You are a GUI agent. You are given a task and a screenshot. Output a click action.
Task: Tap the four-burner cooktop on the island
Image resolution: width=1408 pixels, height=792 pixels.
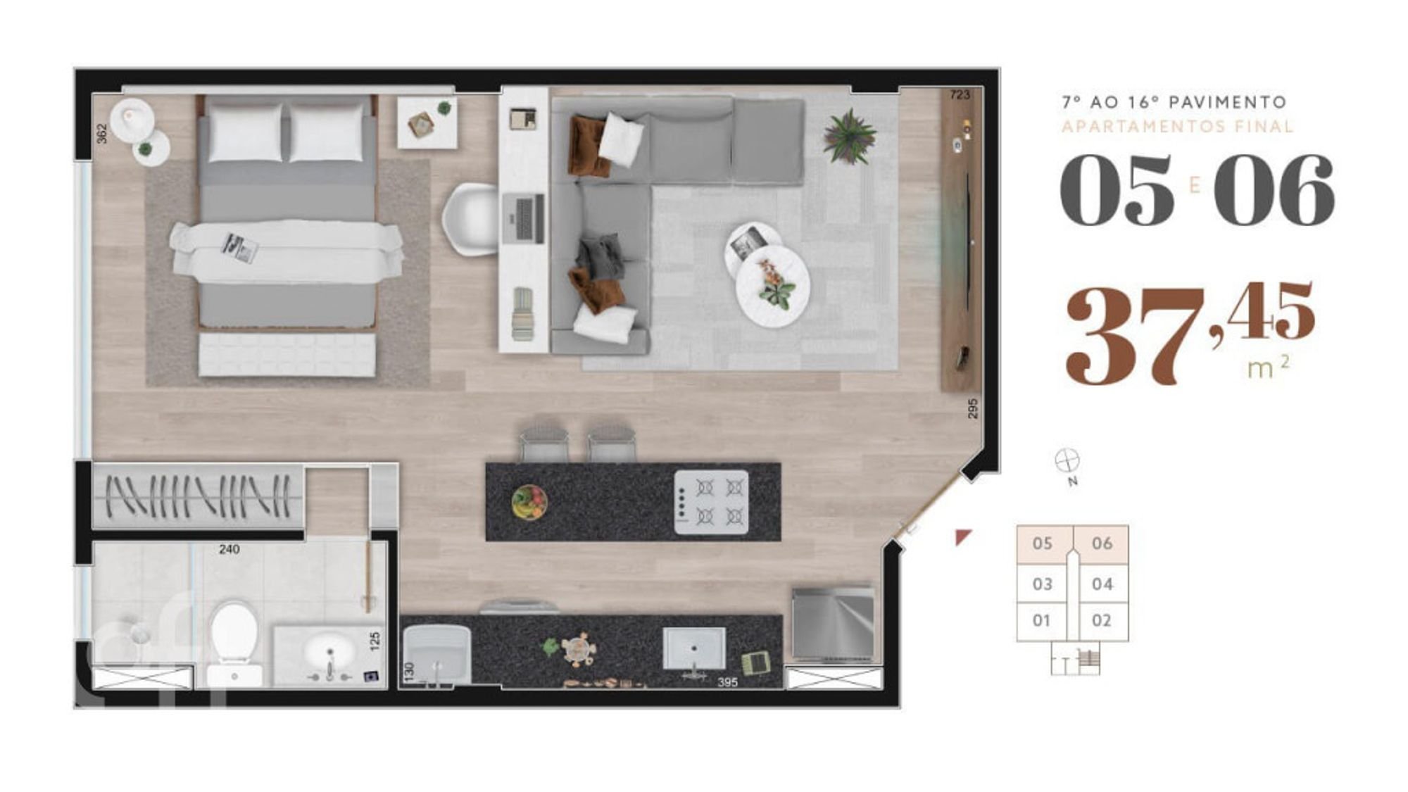711,502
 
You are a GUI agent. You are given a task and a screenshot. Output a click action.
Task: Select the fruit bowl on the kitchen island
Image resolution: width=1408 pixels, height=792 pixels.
529,502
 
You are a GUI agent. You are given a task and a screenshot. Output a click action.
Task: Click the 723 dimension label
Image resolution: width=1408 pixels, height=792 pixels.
960,94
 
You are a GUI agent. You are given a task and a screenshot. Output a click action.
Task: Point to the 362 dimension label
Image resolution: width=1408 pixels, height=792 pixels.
102,134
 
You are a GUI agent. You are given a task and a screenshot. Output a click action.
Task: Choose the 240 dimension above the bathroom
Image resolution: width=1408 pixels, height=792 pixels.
229,549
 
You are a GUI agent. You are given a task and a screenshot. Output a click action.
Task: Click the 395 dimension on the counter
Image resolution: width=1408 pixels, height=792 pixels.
727,682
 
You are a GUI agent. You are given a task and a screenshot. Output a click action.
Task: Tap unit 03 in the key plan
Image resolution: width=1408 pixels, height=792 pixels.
1042,584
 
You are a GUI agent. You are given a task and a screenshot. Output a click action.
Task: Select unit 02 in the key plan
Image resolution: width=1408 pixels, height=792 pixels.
1101,620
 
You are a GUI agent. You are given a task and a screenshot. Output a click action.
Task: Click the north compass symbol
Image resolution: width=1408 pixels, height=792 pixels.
1067,461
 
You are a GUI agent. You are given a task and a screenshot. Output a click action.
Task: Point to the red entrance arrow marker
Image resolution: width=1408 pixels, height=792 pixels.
962,537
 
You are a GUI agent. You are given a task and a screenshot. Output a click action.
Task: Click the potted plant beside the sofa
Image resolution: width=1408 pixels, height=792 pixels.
850,137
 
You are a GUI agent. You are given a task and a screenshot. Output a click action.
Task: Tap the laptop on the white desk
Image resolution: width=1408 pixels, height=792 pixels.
524,218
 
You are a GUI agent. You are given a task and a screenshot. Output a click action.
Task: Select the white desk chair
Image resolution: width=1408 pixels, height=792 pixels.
470,219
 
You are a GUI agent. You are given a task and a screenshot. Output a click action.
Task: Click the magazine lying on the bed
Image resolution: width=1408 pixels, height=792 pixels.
240,247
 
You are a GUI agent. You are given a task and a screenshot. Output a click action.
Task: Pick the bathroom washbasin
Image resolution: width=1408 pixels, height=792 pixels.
329,654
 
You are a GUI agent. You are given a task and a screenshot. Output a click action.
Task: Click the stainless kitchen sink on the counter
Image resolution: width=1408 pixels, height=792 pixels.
693,649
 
